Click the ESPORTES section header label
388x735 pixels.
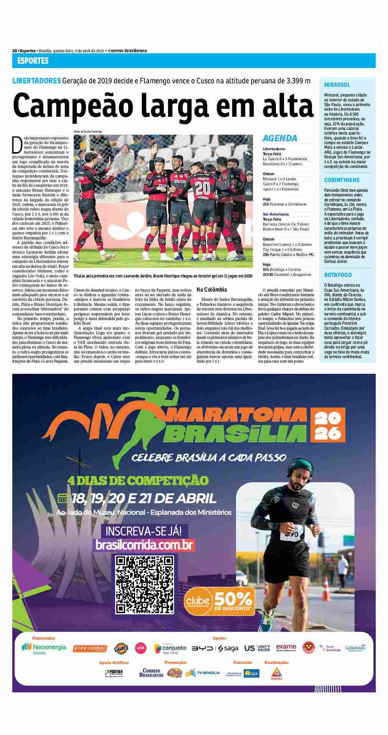tap(33, 61)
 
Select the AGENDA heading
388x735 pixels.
tap(280, 138)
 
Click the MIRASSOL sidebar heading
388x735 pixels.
tap(337, 85)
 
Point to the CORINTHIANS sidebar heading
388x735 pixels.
tap(342, 180)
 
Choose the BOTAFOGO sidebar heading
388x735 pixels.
tap(338, 275)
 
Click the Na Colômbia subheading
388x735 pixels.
tap(211, 289)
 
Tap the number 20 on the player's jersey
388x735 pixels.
tap(202, 188)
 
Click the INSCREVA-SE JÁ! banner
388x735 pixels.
tap(145, 531)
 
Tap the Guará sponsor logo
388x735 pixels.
tap(121, 649)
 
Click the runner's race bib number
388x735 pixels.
tap(291, 534)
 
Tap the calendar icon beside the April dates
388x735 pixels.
tap(62, 498)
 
